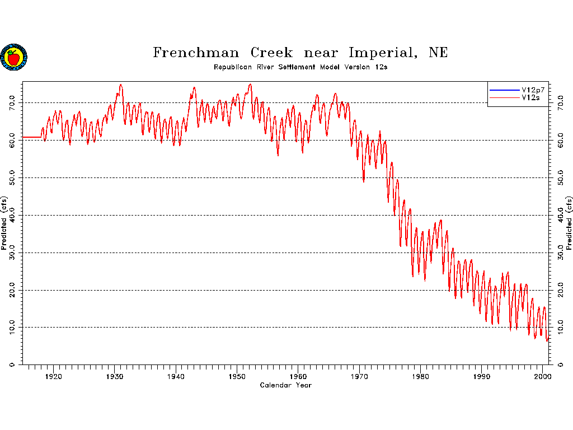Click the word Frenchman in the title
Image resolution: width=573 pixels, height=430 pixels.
tap(196, 53)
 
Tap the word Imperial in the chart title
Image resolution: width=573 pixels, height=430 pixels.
tap(383, 53)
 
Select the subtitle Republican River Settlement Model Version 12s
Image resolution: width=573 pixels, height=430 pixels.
tap(300, 67)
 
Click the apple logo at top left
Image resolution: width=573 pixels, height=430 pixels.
tap(14, 57)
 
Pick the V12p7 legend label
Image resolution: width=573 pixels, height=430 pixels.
tap(533, 90)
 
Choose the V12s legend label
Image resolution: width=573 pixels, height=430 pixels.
tap(530, 97)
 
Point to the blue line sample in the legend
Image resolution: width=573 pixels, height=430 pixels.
tap(504, 90)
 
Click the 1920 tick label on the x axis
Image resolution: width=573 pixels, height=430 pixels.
tap(53, 377)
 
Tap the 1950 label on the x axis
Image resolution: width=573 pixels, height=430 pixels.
tap(237, 377)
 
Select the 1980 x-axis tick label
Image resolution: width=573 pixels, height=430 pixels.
tap(420, 377)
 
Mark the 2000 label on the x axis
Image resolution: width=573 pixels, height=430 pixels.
tap(543, 377)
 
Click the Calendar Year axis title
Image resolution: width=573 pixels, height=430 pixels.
tap(286, 385)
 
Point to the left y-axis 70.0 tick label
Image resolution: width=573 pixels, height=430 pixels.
tap(12, 103)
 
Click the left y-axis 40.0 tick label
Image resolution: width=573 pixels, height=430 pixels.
tap(12, 216)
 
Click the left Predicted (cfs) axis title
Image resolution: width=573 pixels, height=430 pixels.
tap(4, 223)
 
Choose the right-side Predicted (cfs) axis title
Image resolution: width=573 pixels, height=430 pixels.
tap(569, 223)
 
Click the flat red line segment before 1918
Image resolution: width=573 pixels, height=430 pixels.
tap(32, 137)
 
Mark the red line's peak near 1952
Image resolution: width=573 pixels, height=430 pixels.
tap(250, 85)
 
